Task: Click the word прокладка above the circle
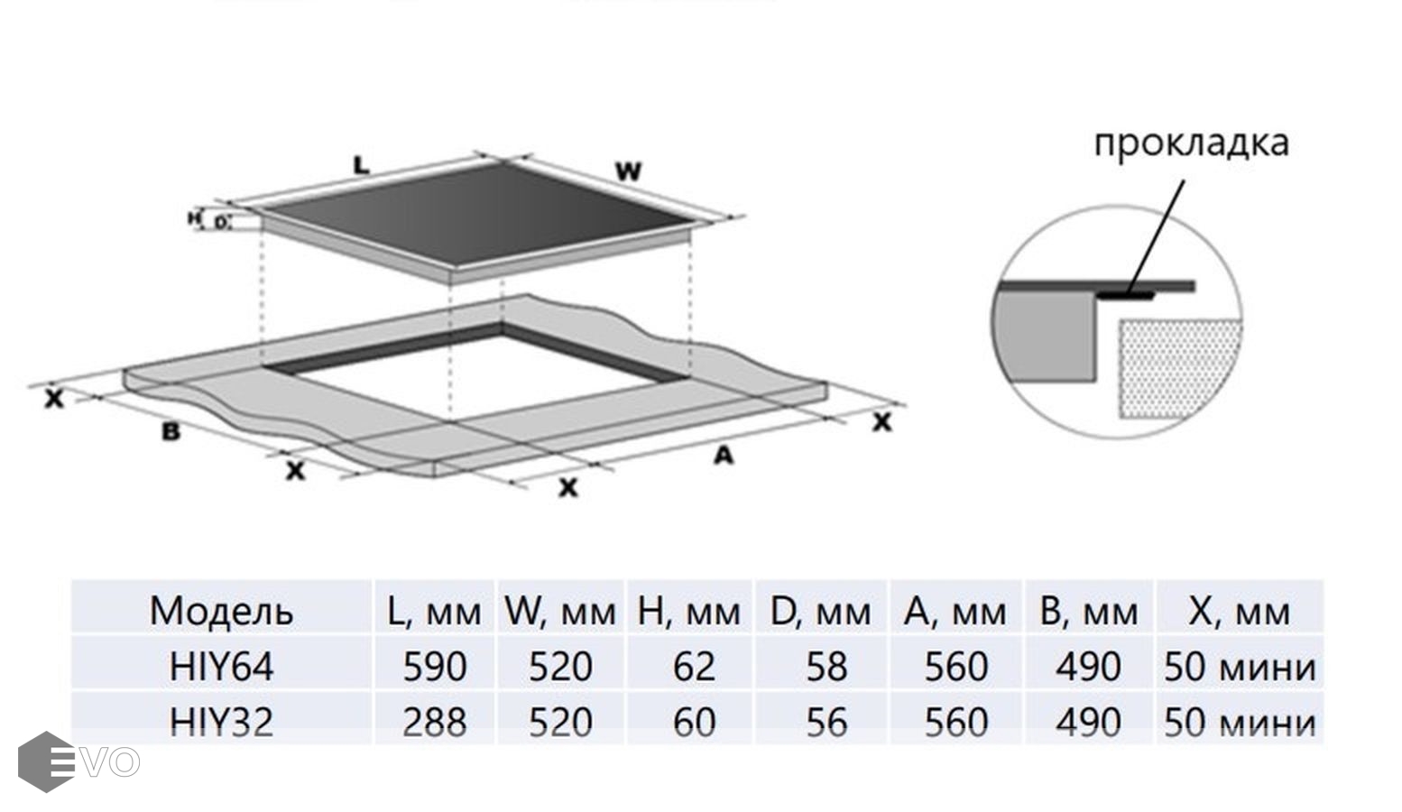tap(1191, 143)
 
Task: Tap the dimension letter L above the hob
tap(361, 165)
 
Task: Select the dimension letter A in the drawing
tap(724, 457)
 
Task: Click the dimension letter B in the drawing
tap(171, 432)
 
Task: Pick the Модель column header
tap(221, 611)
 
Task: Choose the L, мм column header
tap(434, 611)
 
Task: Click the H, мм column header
tap(689, 611)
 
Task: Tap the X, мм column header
tap(1240, 611)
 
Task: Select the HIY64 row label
tap(221, 667)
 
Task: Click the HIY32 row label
tap(221, 722)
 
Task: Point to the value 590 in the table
tap(434, 667)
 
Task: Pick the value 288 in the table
tap(434, 722)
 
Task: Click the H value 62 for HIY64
tap(694, 667)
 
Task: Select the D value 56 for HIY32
tap(826, 722)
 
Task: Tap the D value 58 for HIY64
tap(826, 667)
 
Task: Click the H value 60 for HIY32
tap(694, 722)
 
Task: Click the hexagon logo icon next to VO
tap(45, 761)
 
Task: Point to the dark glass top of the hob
tap(478, 217)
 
